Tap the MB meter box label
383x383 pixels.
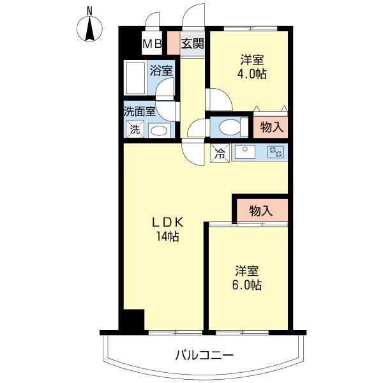tap(152, 44)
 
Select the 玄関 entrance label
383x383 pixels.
tap(193, 44)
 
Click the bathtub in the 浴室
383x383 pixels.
tap(135, 78)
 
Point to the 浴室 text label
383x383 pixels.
tap(161, 71)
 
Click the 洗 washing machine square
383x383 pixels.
tap(135, 129)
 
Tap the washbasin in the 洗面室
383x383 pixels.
tap(160, 130)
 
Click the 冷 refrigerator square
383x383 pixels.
tap(220, 153)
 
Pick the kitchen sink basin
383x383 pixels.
tap(245, 151)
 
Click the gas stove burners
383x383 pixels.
tap(276, 151)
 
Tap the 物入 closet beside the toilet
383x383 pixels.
tap(271, 127)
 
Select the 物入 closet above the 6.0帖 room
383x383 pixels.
tap(261, 211)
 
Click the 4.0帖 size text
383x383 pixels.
tap(252, 73)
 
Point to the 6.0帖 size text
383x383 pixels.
tap(247, 285)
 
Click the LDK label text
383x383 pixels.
tap(168, 222)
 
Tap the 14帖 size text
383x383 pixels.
tap(168, 236)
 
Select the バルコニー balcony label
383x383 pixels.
tap(204, 355)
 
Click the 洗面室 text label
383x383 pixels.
tap(139, 112)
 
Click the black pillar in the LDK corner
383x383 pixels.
tap(134, 320)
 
